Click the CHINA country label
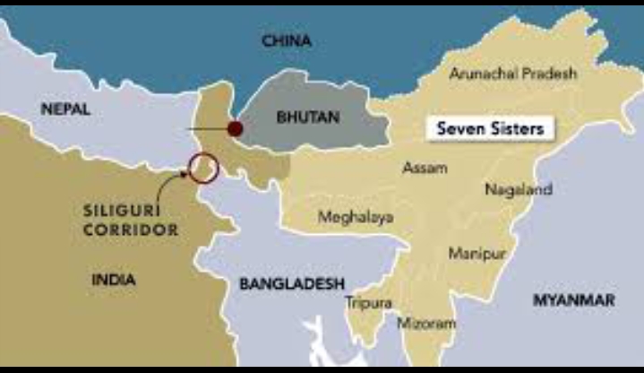287,41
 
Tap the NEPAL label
67,108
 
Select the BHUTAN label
307,117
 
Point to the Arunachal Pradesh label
513,73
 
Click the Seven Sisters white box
489,128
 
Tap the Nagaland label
519,189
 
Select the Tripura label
368,303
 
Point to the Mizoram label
426,323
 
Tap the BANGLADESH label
292,283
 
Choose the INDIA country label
114,280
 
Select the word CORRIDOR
130,230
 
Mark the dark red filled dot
235,129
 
